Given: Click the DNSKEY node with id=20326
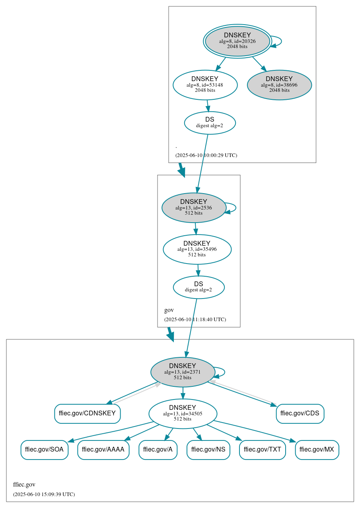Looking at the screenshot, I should pyautogui.click(x=237, y=41).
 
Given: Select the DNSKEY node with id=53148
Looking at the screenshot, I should pyautogui.click(x=205, y=85).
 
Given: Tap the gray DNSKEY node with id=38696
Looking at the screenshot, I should pyautogui.click(x=279, y=85).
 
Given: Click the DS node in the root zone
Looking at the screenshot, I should pyautogui.click(x=210, y=123).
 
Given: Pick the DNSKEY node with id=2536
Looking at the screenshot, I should pyautogui.click(x=194, y=207).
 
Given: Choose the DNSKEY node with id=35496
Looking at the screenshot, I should pyautogui.click(x=197, y=249).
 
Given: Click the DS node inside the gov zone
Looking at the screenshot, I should pyautogui.click(x=198, y=287).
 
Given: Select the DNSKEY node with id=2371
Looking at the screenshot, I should pyautogui.click(x=183, y=372).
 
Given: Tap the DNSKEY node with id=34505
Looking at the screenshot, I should pyautogui.click(x=183, y=414).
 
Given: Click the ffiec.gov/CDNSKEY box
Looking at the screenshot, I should pyautogui.click(x=87, y=413).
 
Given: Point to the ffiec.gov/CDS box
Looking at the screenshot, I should pyautogui.click(x=300, y=413).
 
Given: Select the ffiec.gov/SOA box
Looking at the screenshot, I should pyautogui.click(x=44, y=450).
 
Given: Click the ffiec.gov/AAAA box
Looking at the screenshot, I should pyautogui.click(x=103, y=450).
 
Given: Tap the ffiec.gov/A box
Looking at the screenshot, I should pyautogui.click(x=158, y=450).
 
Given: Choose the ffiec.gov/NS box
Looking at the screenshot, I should pyautogui.click(x=208, y=450).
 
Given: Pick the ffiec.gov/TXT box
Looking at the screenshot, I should pyautogui.click(x=262, y=450).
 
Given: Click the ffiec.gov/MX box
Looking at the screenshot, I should pyautogui.click(x=317, y=450).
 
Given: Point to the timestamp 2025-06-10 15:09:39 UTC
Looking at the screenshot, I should pyautogui.click(x=44, y=494).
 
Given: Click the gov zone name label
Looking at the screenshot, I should pyautogui.click(x=169, y=310).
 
